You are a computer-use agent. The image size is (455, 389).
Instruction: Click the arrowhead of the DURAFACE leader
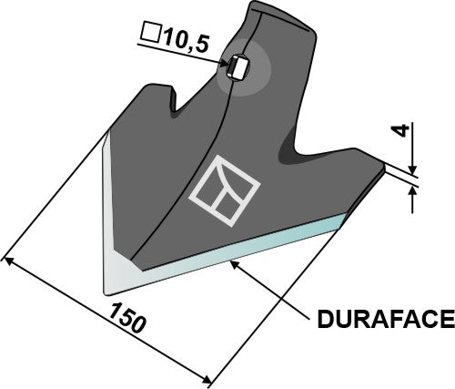[235, 262]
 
